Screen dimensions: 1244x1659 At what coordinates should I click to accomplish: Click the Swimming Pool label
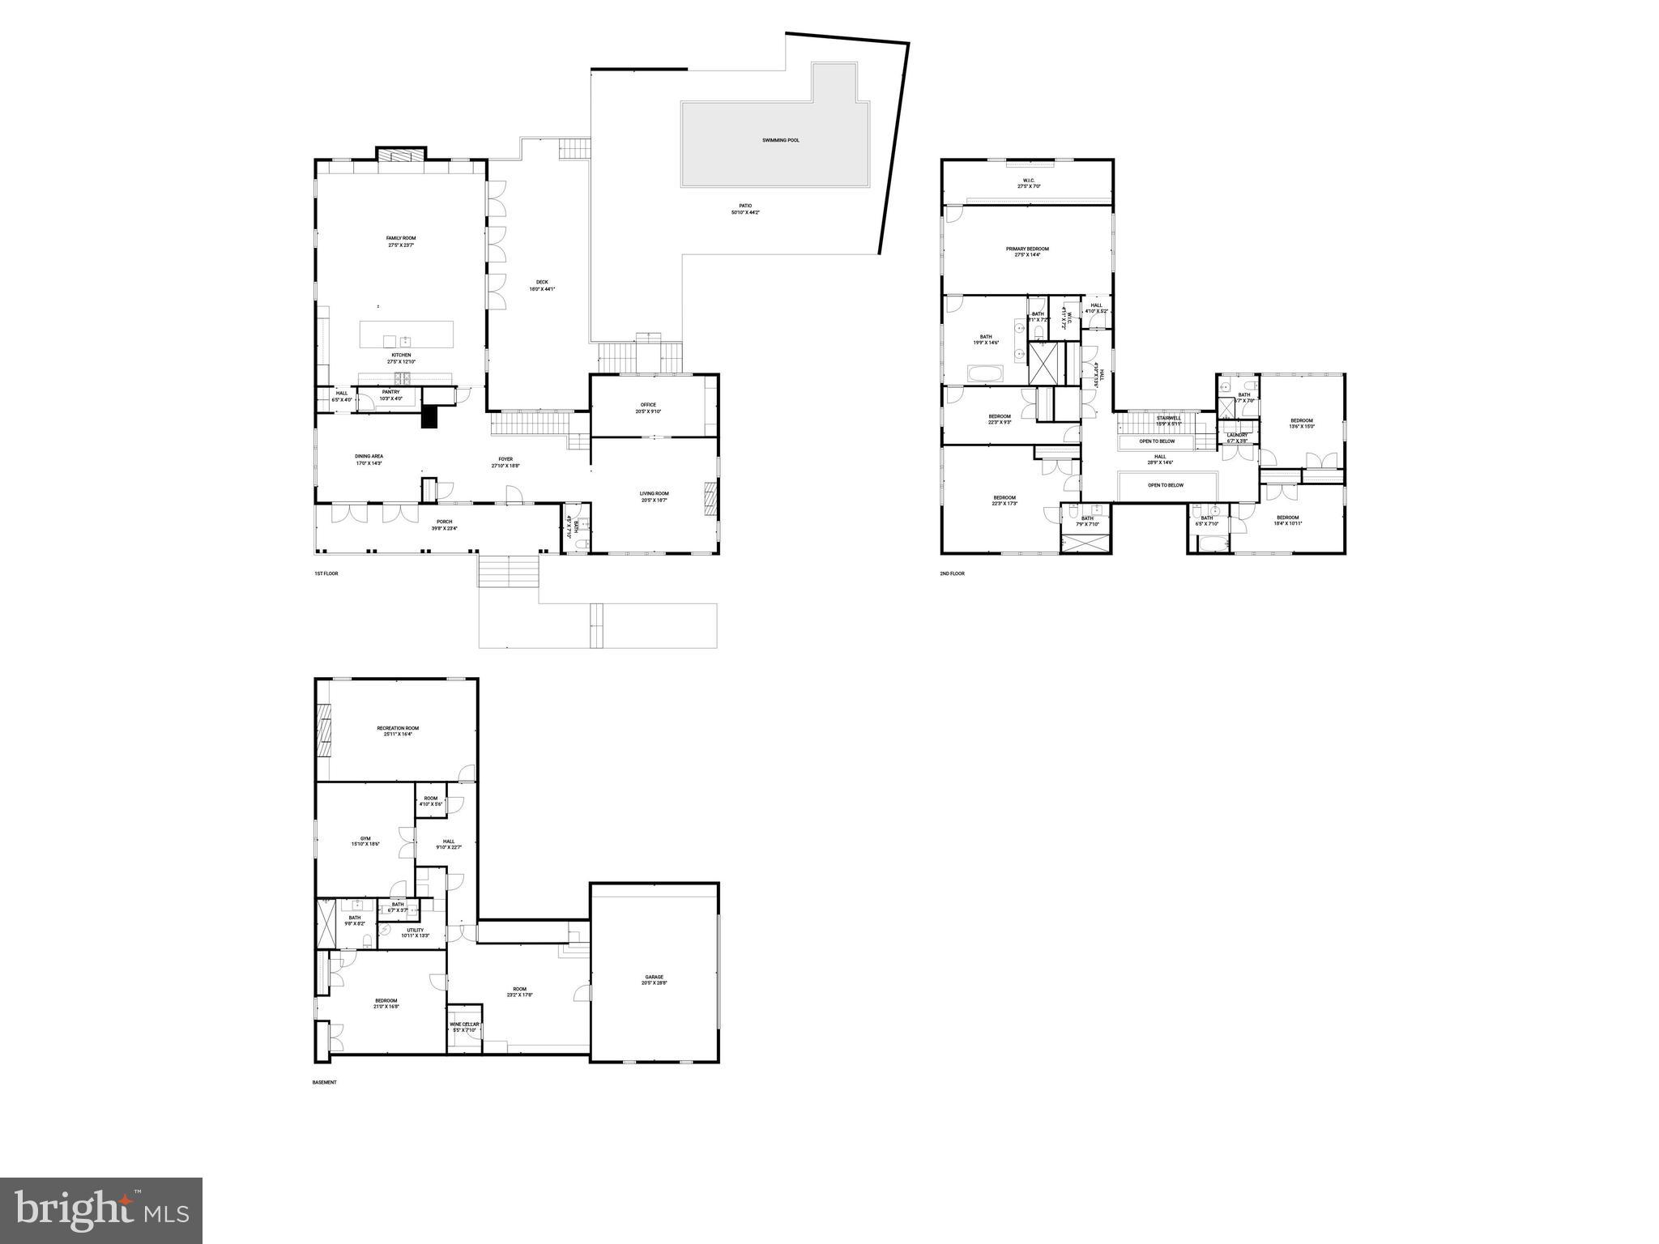pyautogui.click(x=780, y=140)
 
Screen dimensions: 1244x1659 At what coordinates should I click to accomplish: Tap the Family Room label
pyautogui.click(x=400, y=238)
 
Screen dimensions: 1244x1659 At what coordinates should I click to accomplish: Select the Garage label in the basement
pyautogui.click(x=654, y=977)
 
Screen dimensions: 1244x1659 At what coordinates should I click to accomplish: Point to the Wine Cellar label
pyautogui.click(x=464, y=1025)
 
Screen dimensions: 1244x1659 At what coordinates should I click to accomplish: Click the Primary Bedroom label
pyautogui.click(x=1027, y=249)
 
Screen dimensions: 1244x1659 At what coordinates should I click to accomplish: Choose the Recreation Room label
pyautogui.click(x=398, y=728)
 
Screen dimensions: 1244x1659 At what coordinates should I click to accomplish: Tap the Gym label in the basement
pyautogui.click(x=365, y=838)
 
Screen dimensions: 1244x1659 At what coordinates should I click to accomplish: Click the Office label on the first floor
pyautogui.click(x=647, y=405)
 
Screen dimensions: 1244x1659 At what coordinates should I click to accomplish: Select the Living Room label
pyautogui.click(x=654, y=493)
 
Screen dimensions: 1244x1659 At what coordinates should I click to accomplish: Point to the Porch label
pyautogui.click(x=444, y=522)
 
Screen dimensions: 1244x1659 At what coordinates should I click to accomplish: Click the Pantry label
pyautogui.click(x=391, y=392)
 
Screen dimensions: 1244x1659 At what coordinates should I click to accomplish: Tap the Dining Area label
pyautogui.click(x=369, y=456)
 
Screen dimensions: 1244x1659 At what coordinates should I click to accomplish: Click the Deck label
pyautogui.click(x=542, y=282)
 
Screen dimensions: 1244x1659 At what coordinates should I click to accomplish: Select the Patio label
pyautogui.click(x=744, y=206)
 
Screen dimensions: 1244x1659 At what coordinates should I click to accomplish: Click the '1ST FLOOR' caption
pyautogui.click(x=326, y=573)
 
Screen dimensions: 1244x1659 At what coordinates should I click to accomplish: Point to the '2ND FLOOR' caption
pyautogui.click(x=952, y=573)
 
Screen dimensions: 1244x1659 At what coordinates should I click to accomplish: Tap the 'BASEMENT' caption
pyautogui.click(x=324, y=1082)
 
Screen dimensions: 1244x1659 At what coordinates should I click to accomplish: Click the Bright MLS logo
pyautogui.click(x=101, y=1210)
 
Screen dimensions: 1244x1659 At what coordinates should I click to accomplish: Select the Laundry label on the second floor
pyautogui.click(x=1236, y=435)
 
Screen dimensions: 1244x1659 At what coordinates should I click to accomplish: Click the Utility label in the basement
pyautogui.click(x=415, y=930)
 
